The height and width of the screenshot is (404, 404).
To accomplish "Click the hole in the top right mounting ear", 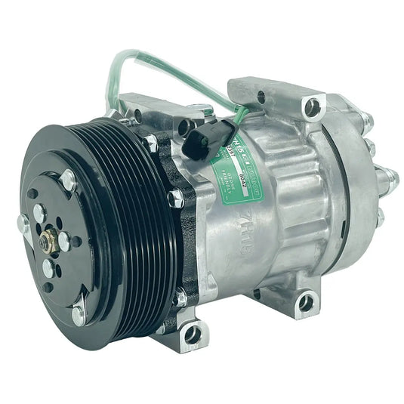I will coord(312,108).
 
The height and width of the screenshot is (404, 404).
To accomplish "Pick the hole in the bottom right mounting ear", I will coord(305,303).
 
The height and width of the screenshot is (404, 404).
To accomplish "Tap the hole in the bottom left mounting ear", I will coord(192,332).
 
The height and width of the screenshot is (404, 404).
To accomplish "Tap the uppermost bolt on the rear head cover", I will coord(368,119).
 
